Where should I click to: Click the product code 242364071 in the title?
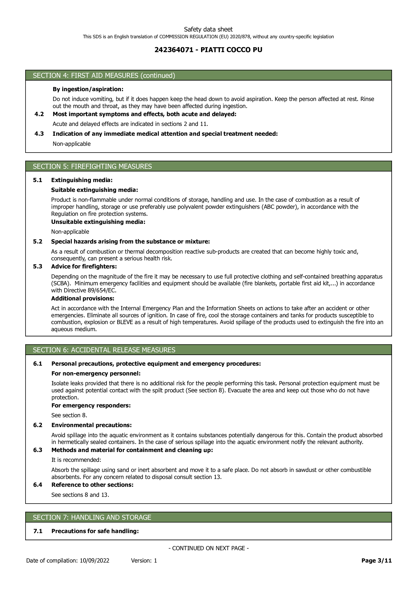(x=174, y=50)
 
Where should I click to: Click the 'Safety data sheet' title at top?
(x=208, y=29)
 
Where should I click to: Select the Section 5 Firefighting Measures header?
(x=92, y=166)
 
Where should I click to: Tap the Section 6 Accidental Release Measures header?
(x=104, y=350)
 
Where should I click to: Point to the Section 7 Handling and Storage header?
(x=92, y=517)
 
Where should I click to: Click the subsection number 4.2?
(x=39, y=114)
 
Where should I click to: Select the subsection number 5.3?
(x=38, y=266)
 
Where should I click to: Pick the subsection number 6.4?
(x=38, y=484)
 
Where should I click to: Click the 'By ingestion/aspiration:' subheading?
(x=88, y=89)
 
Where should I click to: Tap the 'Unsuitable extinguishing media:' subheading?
(x=98, y=222)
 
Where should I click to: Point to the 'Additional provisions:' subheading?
(x=82, y=298)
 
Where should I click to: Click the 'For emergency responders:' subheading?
(x=91, y=405)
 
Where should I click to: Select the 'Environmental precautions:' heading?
(x=92, y=425)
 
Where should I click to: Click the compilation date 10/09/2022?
(x=94, y=561)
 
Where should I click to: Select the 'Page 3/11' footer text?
(x=376, y=561)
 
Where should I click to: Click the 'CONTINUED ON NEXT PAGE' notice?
(x=208, y=548)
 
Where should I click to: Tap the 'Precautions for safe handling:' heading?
(x=95, y=531)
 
